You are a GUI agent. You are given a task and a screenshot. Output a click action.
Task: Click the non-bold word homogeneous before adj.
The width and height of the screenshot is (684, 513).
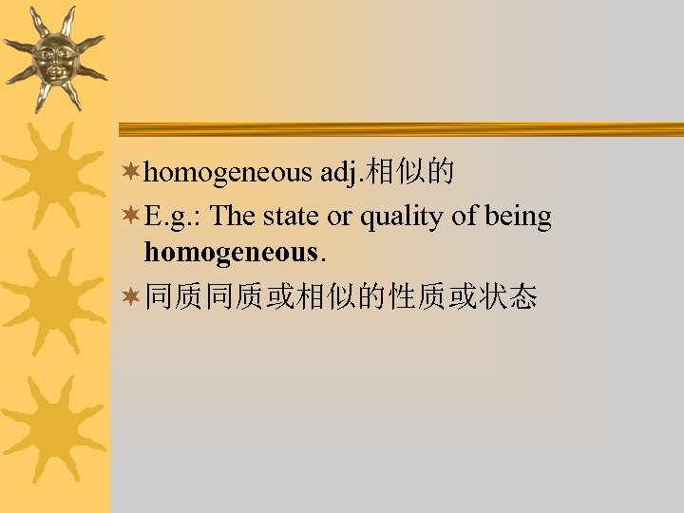(x=229, y=173)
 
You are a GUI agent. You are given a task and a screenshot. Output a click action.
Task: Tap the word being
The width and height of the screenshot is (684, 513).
(x=518, y=218)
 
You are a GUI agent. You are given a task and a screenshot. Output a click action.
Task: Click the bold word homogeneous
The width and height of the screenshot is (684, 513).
(x=229, y=252)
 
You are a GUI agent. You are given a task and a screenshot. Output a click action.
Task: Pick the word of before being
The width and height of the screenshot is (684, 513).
(x=465, y=216)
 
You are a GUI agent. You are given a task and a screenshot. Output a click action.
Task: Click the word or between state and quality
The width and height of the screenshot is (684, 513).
(x=339, y=218)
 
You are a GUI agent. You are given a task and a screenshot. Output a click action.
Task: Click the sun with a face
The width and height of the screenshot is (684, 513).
(x=54, y=58)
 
